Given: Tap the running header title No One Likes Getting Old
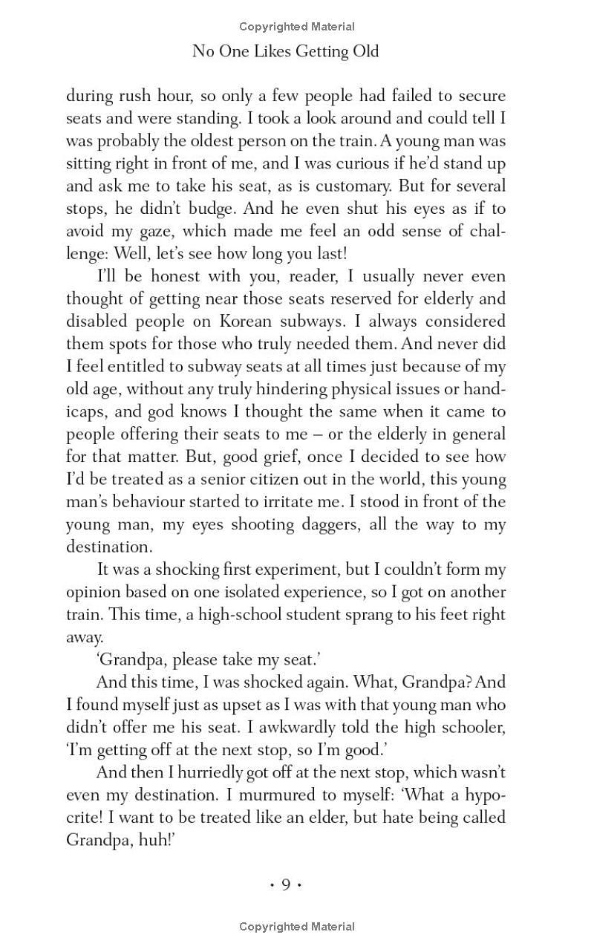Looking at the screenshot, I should (x=286, y=51).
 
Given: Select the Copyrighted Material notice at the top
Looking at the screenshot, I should (x=297, y=27).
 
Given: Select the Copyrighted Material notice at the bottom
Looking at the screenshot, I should (x=297, y=926).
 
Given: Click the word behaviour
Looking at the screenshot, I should (x=151, y=501).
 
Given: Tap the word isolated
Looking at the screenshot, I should (x=281, y=592).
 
